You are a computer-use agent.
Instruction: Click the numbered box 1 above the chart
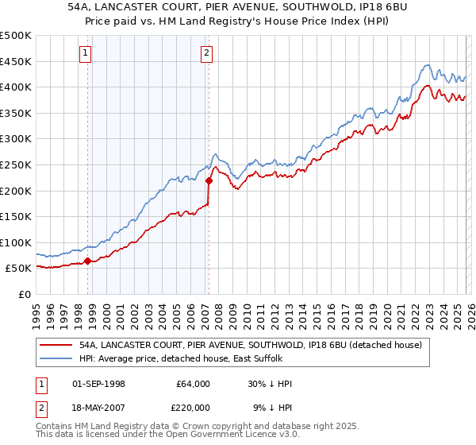click(x=85, y=53)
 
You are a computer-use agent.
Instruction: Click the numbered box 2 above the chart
click(x=206, y=53)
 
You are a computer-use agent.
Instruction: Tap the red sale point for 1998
click(x=87, y=261)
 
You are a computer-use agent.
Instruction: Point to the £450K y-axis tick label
click(x=16, y=61)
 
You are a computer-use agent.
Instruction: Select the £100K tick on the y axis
click(x=16, y=242)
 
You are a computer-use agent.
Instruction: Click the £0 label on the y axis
click(x=25, y=294)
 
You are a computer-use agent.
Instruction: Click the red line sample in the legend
click(x=56, y=345)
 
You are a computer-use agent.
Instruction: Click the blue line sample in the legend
click(x=56, y=358)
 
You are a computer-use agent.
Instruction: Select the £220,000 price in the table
click(x=192, y=406)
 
